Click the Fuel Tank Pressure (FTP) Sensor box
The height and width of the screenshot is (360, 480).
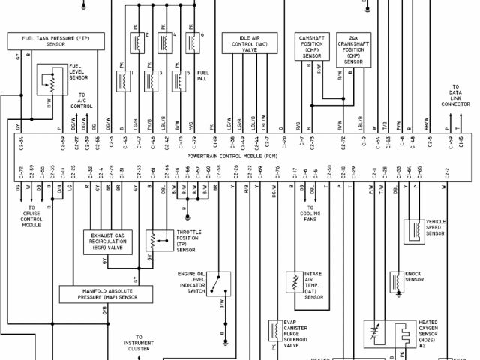click(51, 40)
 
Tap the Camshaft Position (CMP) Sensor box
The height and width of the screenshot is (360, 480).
click(312, 46)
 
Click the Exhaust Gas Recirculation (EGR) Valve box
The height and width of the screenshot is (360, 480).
click(110, 241)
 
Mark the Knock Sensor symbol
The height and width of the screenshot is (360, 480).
click(395, 280)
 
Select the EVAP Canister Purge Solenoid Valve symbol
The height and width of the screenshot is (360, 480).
click(274, 330)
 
